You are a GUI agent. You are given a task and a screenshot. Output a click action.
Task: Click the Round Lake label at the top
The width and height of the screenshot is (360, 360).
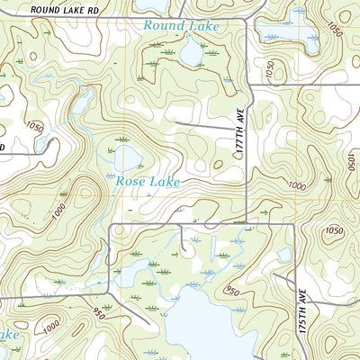[181, 26]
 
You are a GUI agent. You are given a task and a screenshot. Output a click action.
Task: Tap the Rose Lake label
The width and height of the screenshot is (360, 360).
[148, 182]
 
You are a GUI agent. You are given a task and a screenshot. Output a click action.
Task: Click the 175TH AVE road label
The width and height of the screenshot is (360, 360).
[303, 310]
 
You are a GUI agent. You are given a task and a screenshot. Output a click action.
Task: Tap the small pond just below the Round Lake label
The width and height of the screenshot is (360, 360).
[192, 54]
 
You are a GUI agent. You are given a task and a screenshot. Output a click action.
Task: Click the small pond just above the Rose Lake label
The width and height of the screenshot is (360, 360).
[126, 159]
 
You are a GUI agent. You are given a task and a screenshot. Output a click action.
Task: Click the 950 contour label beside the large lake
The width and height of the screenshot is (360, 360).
[232, 290]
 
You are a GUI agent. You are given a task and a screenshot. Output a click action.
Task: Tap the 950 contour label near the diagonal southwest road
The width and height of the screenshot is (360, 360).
[98, 313]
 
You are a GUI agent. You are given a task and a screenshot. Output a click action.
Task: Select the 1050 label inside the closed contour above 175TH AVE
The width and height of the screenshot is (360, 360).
[335, 230]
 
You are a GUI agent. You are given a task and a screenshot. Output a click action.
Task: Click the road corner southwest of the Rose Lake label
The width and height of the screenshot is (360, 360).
[110, 225]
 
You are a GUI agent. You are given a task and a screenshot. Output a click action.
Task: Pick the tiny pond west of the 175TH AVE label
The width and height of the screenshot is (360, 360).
[284, 255]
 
